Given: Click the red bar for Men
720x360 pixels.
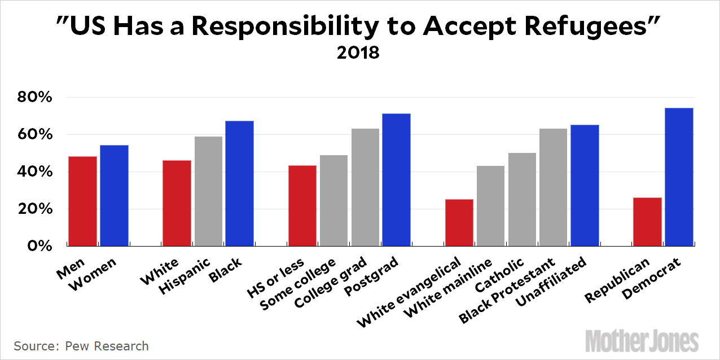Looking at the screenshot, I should [x=83, y=201].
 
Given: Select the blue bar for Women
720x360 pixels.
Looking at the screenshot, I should [x=114, y=195].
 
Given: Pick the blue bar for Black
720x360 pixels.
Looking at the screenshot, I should [x=239, y=183].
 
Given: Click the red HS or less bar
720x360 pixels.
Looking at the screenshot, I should [x=302, y=205].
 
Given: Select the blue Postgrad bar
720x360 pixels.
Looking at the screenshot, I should [x=396, y=179].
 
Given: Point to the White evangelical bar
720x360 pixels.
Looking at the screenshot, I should [x=459, y=222].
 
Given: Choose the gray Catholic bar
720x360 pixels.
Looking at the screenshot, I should [x=522, y=199].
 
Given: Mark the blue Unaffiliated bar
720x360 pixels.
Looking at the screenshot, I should [x=585, y=185].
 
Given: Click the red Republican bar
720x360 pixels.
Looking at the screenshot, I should [x=648, y=222].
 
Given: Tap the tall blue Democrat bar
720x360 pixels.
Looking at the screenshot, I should [x=679, y=177].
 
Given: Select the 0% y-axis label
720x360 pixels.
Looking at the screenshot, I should [x=41, y=246].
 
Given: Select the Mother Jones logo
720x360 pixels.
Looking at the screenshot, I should [x=642, y=341].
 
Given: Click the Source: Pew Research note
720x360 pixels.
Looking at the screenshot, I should [x=81, y=346].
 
